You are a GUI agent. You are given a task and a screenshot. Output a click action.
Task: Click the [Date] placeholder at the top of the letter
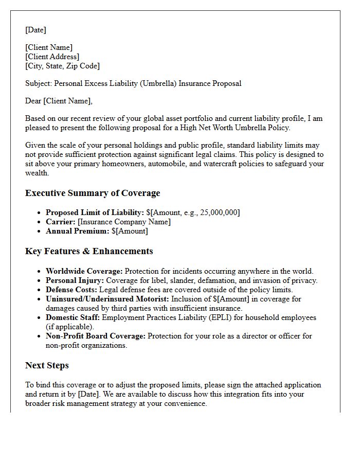click(x=35, y=30)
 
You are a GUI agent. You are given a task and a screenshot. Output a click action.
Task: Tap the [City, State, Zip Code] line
click(x=62, y=66)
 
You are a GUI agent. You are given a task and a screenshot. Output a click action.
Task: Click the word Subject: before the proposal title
click(x=39, y=83)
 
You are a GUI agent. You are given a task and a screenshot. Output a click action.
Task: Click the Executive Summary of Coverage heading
click(x=93, y=193)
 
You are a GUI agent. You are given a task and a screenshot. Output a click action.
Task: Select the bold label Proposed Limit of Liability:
click(x=95, y=212)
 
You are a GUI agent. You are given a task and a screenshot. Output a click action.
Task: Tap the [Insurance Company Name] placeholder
click(x=124, y=222)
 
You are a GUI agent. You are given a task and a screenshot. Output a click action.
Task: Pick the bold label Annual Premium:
click(x=77, y=231)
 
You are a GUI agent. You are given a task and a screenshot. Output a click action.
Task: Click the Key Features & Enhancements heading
click(x=89, y=251)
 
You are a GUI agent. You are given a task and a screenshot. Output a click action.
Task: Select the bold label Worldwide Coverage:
click(x=84, y=271)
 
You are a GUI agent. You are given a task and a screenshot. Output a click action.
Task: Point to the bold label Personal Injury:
click(x=75, y=280)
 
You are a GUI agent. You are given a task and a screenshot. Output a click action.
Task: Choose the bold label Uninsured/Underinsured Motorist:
click(x=107, y=299)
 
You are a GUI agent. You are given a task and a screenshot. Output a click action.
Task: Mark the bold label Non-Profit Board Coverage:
click(x=96, y=336)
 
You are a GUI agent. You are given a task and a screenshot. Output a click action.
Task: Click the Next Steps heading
click(x=47, y=365)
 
